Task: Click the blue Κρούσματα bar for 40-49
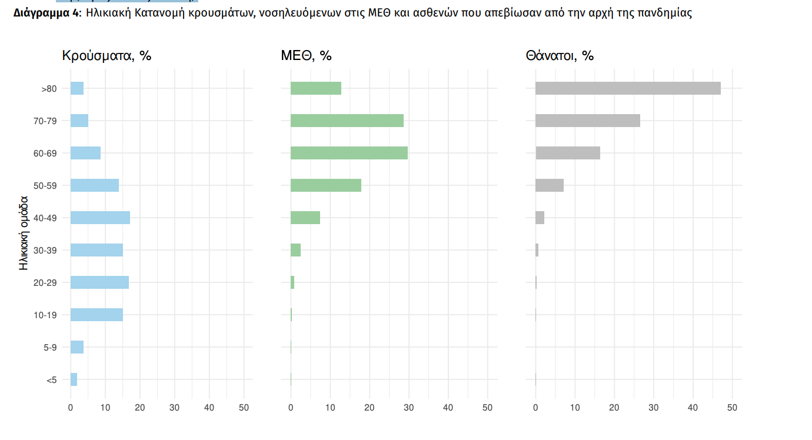pos(100,218)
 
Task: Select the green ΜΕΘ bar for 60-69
pos(349,153)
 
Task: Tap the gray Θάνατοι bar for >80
pos(628,88)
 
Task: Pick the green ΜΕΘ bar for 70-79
pos(347,121)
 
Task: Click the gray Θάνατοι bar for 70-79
pos(587,121)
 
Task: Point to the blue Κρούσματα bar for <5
pos(74,379)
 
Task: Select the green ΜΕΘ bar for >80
pos(316,88)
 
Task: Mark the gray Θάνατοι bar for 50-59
pos(550,185)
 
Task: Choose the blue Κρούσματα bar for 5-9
pos(77,347)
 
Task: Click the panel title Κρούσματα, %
pos(107,56)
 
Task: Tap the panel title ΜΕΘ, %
pos(306,56)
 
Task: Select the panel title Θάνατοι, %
pos(560,56)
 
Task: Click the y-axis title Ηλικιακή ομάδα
pos(24,234)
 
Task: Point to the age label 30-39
pos(45,251)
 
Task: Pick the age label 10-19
pos(45,315)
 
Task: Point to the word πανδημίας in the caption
pos(665,13)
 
